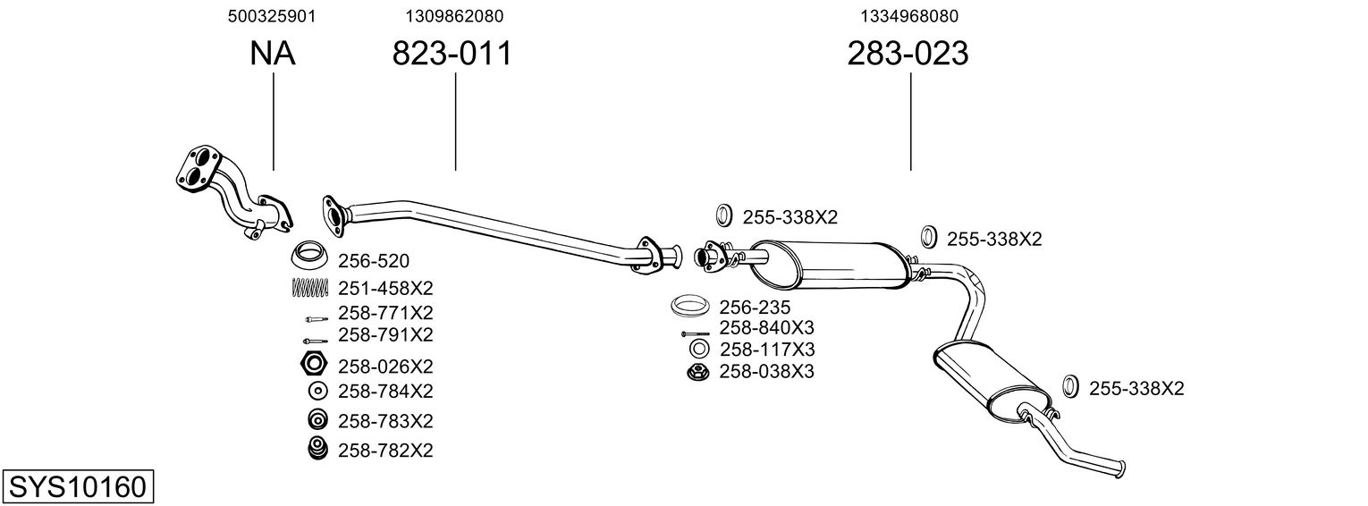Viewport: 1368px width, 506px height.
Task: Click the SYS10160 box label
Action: click(78, 486)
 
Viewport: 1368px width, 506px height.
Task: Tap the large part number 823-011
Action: click(452, 53)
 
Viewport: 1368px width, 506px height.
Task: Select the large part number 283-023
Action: click(908, 53)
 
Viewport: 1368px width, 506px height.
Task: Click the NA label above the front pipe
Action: click(273, 53)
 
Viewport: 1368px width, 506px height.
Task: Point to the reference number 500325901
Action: click(272, 16)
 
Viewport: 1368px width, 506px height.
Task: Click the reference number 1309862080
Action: click(454, 16)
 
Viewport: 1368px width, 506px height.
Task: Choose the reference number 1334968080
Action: click(909, 16)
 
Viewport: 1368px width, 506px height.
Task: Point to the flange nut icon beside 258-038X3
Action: click(696, 372)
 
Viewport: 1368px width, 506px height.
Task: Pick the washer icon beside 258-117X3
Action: click(699, 350)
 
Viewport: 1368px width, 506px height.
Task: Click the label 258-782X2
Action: click(385, 451)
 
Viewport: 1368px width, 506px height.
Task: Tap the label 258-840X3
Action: click(766, 328)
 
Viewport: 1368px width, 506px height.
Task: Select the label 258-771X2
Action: click(385, 313)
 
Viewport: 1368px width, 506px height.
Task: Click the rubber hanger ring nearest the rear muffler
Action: click(1069, 386)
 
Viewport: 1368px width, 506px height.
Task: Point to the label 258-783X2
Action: click(385, 421)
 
